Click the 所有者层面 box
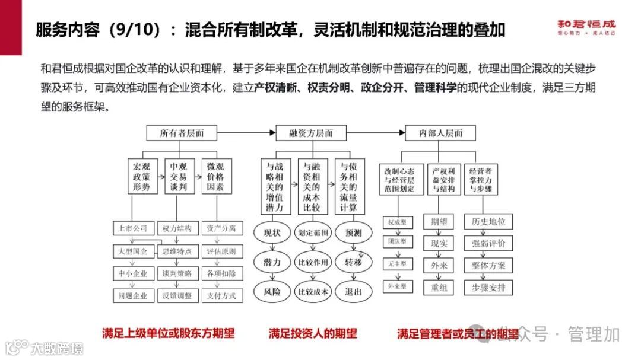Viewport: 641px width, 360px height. pyautogui.click(x=181, y=133)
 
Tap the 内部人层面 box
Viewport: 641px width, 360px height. pyautogui.click(x=442, y=133)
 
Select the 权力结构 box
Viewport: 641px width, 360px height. pyautogui.click(x=177, y=228)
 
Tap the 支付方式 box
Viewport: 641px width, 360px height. pyautogui.click(x=221, y=295)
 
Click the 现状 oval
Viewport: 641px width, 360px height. pyautogui.click(x=272, y=232)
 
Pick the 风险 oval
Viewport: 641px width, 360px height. pyautogui.click(x=272, y=291)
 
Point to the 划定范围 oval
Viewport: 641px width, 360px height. pyautogui.click(x=313, y=232)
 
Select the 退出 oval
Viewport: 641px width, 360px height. pyautogui.click(x=353, y=291)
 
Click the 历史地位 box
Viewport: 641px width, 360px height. pyautogui.click(x=488, y=221)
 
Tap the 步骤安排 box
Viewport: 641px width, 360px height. pyautogui.click(x=488, y=288)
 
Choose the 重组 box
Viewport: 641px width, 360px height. pyautogui.click(x=439, y=288)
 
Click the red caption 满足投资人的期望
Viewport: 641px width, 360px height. pyautogui.click(x=313, y=333)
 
